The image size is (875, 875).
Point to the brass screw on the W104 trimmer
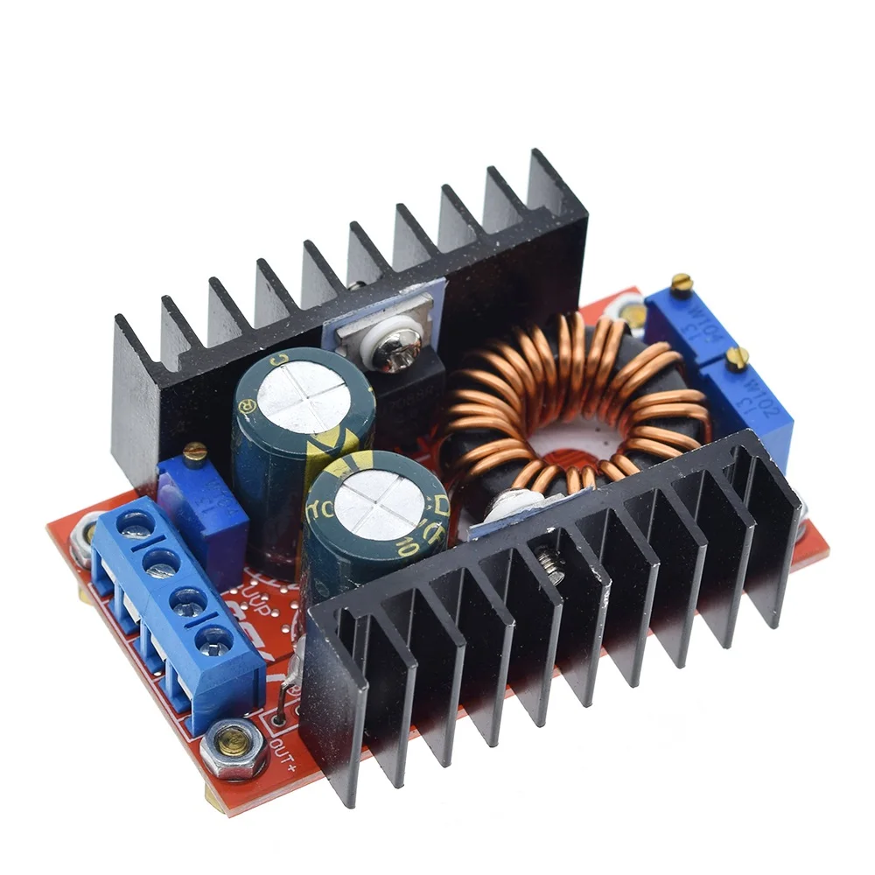click(682, 283)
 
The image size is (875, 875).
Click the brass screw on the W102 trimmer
click(738, 355)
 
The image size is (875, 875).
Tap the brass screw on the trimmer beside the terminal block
click(194, 451)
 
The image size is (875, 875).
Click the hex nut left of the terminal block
click(86, 535)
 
